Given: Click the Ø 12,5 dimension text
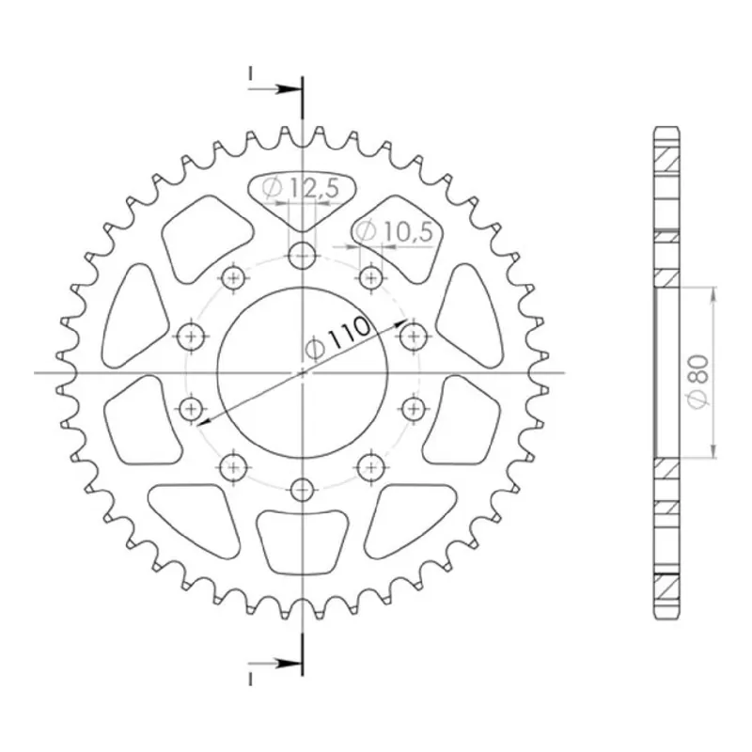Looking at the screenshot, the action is pos(300,187).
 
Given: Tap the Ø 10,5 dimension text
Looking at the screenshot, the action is pos(394,231).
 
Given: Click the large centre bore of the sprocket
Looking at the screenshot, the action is pos(302,372).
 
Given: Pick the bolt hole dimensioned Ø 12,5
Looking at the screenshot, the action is pos(302,255).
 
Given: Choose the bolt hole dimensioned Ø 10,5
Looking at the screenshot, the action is pos(370,276).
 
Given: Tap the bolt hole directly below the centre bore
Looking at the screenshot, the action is pos(302,490).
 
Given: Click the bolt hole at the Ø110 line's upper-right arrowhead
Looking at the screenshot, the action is pos(413,336).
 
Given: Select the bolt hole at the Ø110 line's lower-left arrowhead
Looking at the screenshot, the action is pos(192,409).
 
